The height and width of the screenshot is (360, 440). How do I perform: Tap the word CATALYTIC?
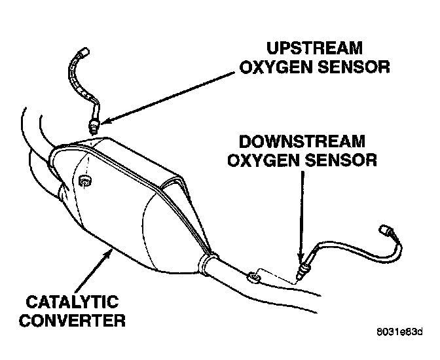coord(73,302)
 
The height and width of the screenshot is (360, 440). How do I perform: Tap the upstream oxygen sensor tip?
coord(94,124)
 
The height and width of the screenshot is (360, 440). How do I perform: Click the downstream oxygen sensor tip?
coord(301,272)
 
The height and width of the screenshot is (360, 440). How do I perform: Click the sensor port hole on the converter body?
coord(83,180)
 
